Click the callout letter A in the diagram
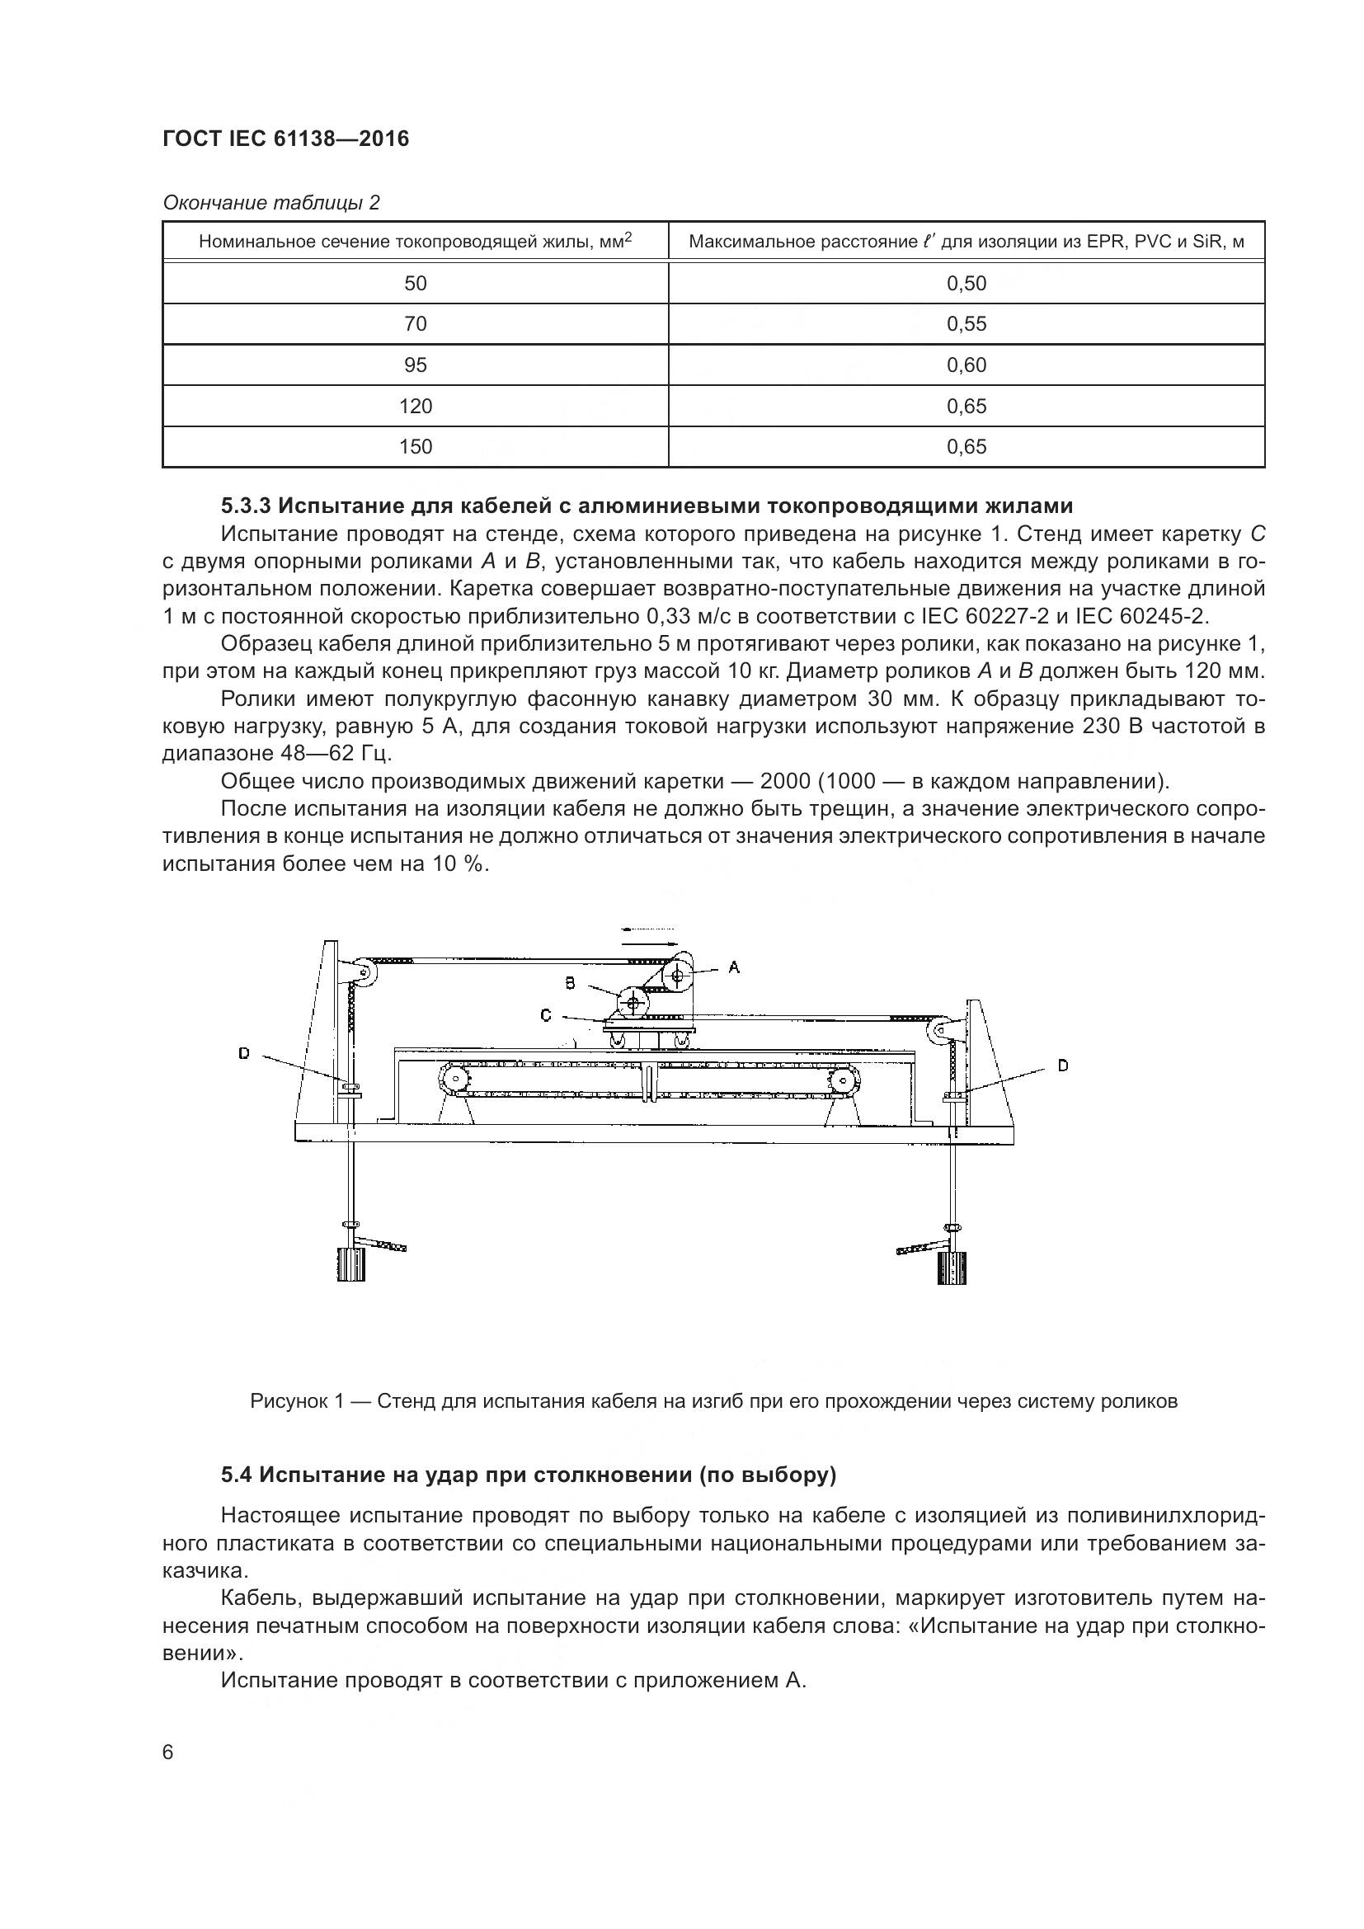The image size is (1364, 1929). (x=733, y=967)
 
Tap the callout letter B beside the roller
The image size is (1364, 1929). (x=570, y=982)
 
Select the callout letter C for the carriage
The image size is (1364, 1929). (x=545, y=1016)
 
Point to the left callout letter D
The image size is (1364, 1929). (x=243, y=1052)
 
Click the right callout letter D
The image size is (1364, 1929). (x=1062, y=1066)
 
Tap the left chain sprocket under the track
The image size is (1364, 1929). (x=454, y=1080)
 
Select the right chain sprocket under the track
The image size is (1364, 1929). (x=843, y=1080)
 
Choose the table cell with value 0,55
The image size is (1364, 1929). (x=966, y=324)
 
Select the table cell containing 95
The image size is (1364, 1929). (x=415, y=365)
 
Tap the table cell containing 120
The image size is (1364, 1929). (x=415, y=407)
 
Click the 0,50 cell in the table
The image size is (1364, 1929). (x=966, y=283)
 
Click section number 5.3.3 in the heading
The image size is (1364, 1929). (x=245, y=506)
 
